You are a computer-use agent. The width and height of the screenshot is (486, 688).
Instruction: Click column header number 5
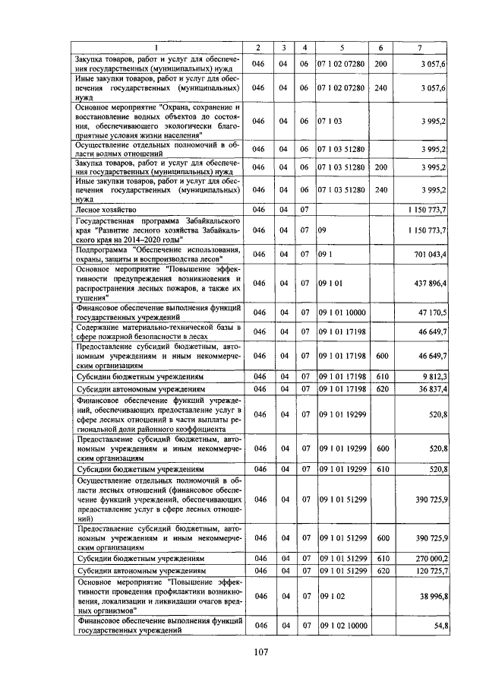pyautogui.click(x=342, y=49)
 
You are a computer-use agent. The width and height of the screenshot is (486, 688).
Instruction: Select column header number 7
pyautogui.click(x=420, y=49)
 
